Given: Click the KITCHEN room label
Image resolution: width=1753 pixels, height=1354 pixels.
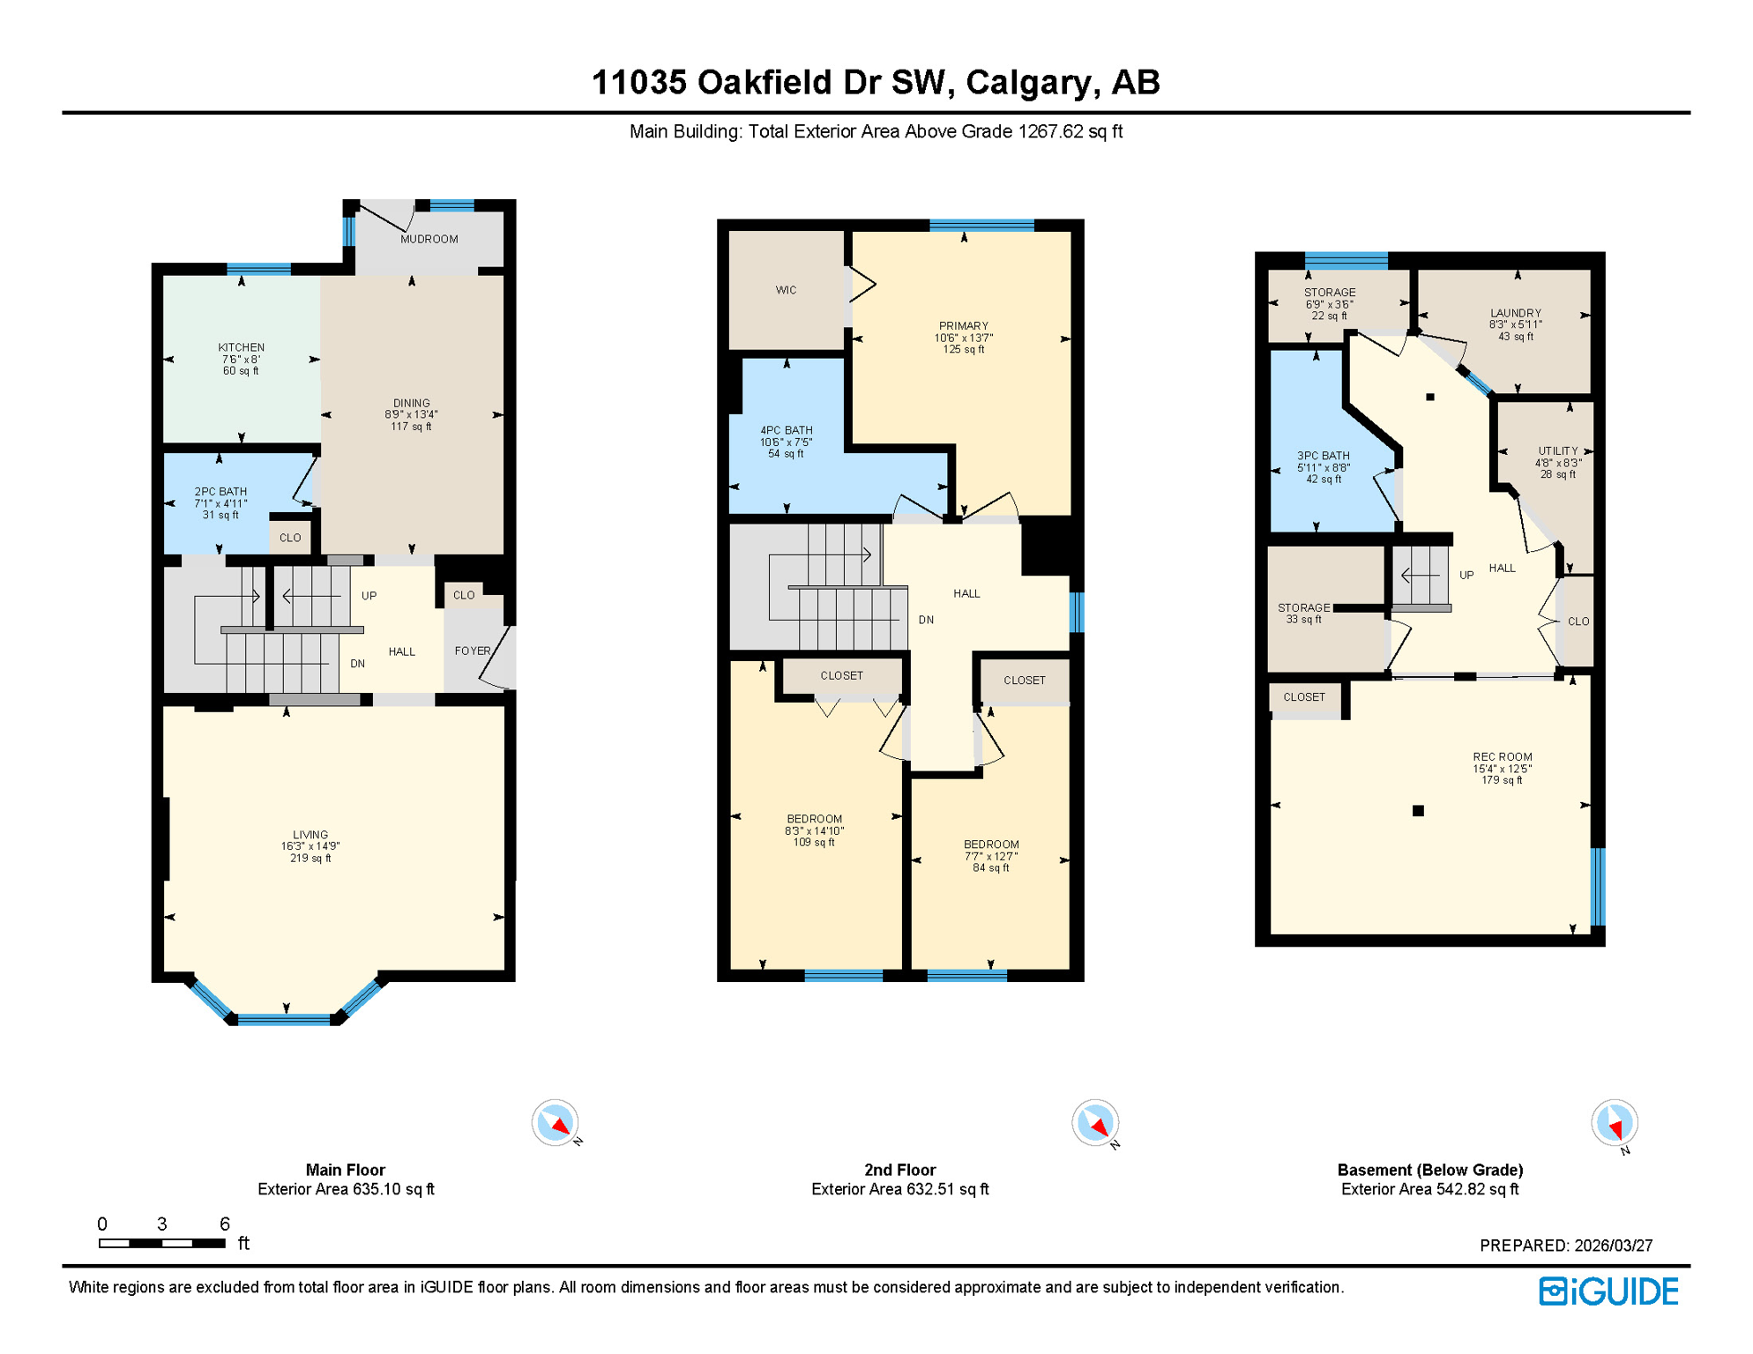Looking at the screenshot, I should pos(241,347).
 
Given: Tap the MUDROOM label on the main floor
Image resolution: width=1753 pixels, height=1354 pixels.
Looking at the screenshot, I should pos(429,239).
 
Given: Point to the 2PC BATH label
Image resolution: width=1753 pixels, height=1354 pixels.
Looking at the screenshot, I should pos(220,492).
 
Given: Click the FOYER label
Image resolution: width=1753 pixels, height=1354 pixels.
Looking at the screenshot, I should pos(472,651).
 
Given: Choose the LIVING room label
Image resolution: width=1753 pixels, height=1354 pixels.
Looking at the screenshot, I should pos(310,835).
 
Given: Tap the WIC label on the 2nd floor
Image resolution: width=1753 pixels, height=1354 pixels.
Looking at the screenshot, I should pos(786,290).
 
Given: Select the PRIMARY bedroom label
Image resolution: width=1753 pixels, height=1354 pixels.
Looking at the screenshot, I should pos(963,326).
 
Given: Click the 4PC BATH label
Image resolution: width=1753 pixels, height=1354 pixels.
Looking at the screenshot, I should pos(786,431).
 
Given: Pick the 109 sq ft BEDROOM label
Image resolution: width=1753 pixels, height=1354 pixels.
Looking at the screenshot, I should pos(814,819).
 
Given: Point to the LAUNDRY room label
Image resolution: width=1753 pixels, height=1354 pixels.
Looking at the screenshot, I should pos(1515,313).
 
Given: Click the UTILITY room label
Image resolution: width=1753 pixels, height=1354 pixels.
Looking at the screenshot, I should pos(1557,451).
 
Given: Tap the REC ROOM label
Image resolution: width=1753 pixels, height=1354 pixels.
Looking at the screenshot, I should pos(1502,757).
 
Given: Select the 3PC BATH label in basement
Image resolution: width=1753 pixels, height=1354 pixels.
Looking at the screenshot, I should pos(1323,456).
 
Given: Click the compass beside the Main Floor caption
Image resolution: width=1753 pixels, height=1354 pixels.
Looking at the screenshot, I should pos(555,1122).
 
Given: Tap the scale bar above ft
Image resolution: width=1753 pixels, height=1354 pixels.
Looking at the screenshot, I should pos(162,1243).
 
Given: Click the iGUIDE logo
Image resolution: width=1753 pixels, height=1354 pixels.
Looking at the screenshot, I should pos(1608,1291).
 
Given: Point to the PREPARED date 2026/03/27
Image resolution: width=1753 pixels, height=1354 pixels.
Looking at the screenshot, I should pos(1613,1246).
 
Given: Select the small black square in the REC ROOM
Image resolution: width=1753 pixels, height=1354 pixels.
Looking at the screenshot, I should pos(1418,811).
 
